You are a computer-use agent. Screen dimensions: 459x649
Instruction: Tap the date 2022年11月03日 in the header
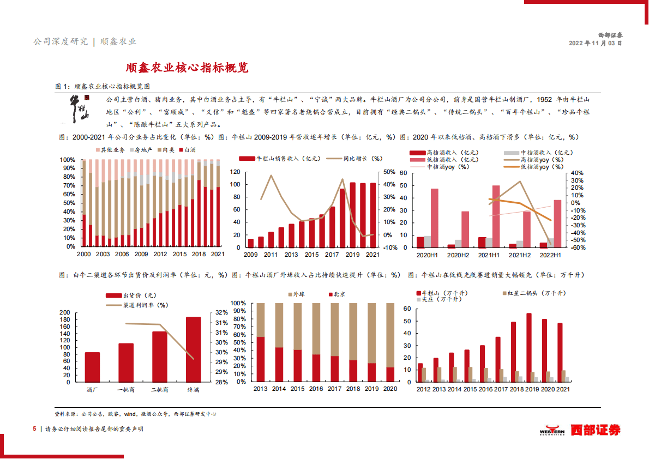(x=595, y=43)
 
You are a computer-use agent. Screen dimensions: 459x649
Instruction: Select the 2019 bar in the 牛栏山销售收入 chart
(x=352, y=214)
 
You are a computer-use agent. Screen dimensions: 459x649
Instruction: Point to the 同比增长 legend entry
(x=354, y=159)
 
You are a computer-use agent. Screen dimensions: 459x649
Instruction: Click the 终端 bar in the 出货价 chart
(x=193, y=349)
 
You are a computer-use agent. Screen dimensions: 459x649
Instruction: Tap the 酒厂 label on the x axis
(x=92, y=389)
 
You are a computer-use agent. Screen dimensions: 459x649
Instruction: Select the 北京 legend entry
(x=336, y=294)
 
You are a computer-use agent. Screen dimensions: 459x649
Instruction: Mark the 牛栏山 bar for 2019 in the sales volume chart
(x=528, y=347)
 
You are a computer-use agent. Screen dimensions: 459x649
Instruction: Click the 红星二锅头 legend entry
(x=527, y=293)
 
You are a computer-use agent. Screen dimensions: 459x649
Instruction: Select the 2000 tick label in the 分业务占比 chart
(x=84, y=254)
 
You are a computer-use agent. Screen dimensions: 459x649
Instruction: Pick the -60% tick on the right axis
(x=578, y=247)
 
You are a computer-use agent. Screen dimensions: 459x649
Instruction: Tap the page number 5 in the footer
(x=35, y=429)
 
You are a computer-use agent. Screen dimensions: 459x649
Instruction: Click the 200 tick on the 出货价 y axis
(x=64, y=312)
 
